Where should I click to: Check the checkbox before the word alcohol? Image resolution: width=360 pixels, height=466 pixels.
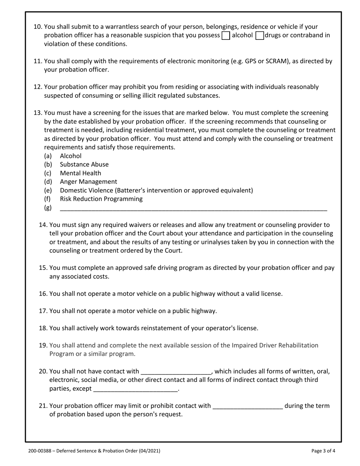click(x=225, y=36)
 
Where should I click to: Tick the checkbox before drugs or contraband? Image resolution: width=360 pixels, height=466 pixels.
click(x=260, y=36)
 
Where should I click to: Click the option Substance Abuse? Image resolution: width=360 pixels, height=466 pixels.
click(x=84, y=164)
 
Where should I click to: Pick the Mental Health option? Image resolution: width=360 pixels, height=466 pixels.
click(x=80, y=173)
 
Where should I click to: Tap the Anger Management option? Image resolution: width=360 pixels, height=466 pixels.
click(x=88, y=182)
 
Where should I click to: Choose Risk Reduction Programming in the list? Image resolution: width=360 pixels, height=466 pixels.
click(x=101, y=199)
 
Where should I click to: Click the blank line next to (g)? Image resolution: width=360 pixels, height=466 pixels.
click(x=193, y=208)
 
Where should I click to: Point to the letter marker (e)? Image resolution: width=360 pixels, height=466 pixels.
click(x=48, y=191)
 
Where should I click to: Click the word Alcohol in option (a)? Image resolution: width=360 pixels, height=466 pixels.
click(x=70, y=156)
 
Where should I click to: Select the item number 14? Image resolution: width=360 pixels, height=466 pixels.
click(x=43, y=225)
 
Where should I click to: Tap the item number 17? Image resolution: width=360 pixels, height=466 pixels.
click(x=43, y=311)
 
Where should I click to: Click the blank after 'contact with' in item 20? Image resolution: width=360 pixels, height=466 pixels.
click(x=175, y=372)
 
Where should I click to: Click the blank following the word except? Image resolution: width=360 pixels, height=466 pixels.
click(x=135, y=389)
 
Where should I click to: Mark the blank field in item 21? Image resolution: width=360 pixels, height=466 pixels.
click(x=248, y=407)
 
